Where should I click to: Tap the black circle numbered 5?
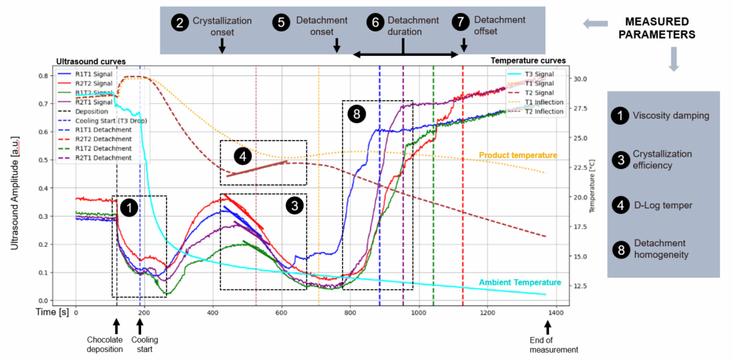[281, 21]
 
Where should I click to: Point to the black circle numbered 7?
[460, 21]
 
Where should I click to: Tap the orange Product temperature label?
[518, 155]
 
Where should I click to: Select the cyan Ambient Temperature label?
[520, 282]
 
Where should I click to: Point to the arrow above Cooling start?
[140, 326]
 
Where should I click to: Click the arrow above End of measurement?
[548, 327]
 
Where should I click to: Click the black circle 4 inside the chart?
[246, 155]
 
